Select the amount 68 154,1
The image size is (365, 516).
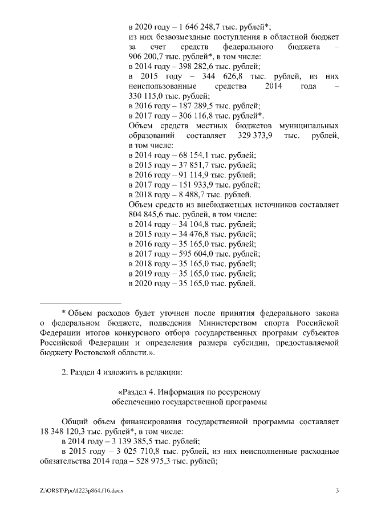[x=188, y=155]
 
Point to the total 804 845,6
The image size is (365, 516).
[x=147, y=214]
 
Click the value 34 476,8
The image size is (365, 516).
[x=188, y=234]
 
